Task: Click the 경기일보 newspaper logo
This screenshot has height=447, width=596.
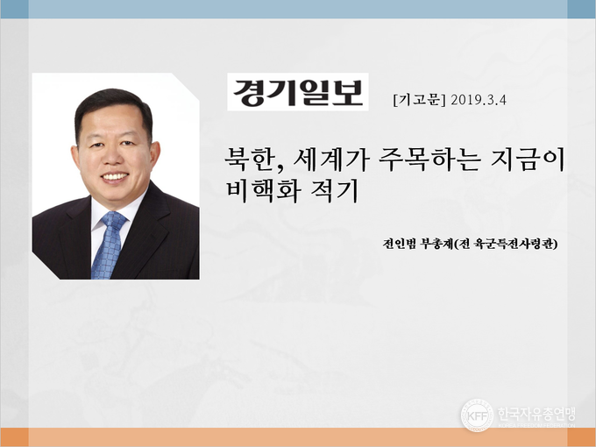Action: [298, 92]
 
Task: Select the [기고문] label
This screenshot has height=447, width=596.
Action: [419, 100]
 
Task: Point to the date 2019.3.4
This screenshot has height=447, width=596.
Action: [479, 100]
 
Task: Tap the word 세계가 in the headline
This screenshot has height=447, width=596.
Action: [331, 160]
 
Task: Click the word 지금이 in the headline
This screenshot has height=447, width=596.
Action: [528, 160]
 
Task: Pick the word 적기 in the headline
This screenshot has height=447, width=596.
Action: [335, 191]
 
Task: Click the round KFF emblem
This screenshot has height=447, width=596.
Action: [477, 415]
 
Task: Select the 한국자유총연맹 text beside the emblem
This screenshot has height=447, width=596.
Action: [536, 414]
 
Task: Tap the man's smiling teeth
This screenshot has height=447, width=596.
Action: [115, 176]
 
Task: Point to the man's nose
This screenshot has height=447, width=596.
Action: [112, 156]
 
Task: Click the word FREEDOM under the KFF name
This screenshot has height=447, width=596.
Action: [537, 425]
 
